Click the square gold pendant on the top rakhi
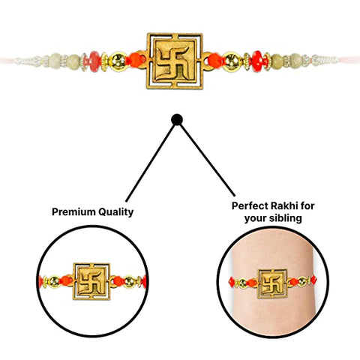[x=175, y=61]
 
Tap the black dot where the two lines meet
[x=177, y=120]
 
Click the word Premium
[x=73, y=212]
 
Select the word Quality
[x=115, y=212]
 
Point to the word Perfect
[x=250, y=206]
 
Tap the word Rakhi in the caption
[x=285, y=206]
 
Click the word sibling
[x=286, y=218]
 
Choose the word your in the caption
[x=256, y=219]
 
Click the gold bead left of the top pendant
[x=118, y=61]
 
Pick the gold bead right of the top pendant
[x=231, y=61]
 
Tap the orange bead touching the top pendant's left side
[x=135, y=60]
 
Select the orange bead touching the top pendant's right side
[x=214, y=61]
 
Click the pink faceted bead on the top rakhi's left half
[x=94, y=61]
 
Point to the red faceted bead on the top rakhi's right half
[x=257, y=61]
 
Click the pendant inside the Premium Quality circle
[x=91, y=281]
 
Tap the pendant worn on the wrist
[x=272, y=283]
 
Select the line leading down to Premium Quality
[x=150, y=163]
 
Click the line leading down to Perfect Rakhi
[x=208, y=160]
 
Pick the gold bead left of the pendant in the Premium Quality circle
[x=54, y=281]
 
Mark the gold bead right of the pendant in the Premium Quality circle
[x=129, y=282]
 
